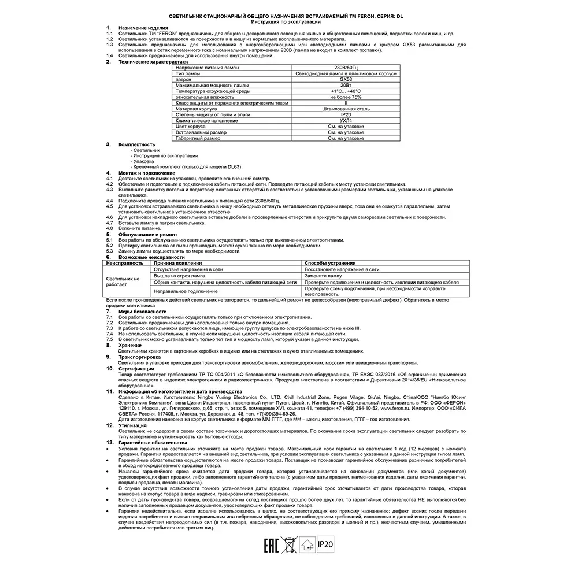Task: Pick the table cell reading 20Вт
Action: pyautogui.click(x=346, y=86)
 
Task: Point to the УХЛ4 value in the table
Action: pyautogui.click(x=346, y=121)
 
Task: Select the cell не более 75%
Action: pyautogui.click(x=346, y=97)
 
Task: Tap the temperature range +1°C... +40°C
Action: pyautogui.click(x=346, y=91)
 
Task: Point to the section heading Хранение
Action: pyautogui.click(x=131, y=345)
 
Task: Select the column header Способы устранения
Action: pyautogui.click(x=330, y=263)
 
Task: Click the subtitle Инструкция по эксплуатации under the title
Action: pyautogui.click(x=287, y=21)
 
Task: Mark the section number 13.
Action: pyautogui.click(x=109, y=442)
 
